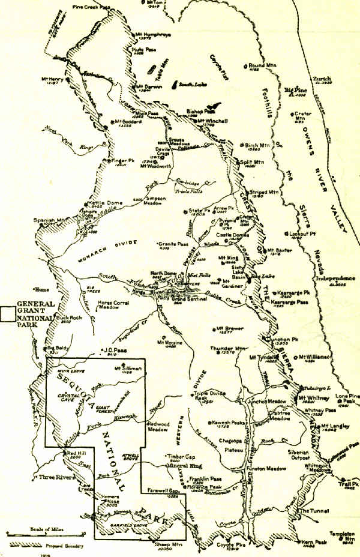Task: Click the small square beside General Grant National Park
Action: (x=8, y=313)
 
